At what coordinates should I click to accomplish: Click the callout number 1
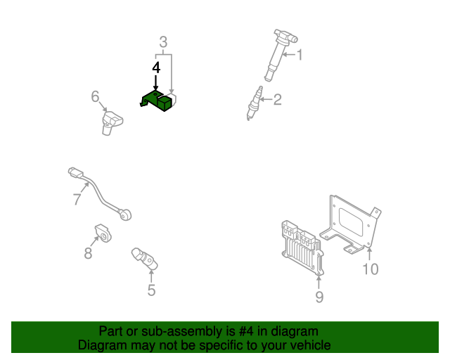pyautogui.click(x=300, y=54)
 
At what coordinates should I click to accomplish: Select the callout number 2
pyautogui.click(x=277, y=99)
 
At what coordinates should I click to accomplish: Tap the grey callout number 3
pyautogui.click(x=163, y=43)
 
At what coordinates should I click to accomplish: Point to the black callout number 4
pyautogui.click(x=156, y=67)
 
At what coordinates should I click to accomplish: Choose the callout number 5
pyautogui.click(x=151, y=290)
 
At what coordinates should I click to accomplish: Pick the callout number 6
pyautogui.click(x=96, y=96)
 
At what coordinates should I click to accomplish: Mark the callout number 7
pyautogui.click(x=77, y=199)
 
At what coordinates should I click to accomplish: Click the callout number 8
pyautogui.click(x=88, y=254)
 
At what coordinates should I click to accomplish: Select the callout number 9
pyautogui.click(x=319, y=297)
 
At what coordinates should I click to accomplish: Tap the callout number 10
pyautogui.click(x=370, y=269)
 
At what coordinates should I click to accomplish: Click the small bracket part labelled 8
pyautogui.click(x=103, y=232)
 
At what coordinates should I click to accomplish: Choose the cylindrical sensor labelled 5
pyautogui.click(x=143, y=258)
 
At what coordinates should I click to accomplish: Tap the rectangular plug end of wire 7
pyautogui.click(x=75, y=171)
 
